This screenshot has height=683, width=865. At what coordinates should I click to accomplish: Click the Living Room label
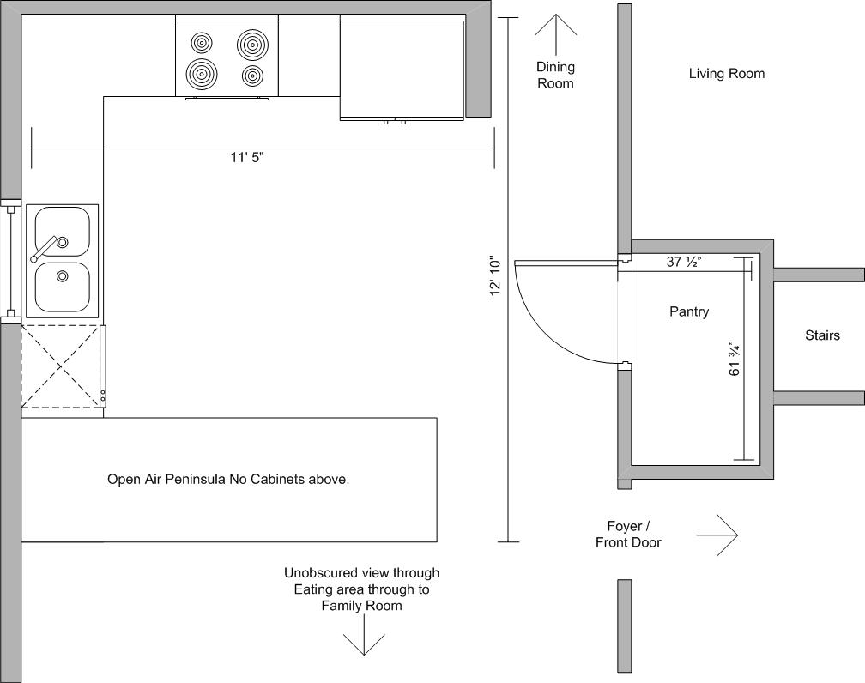[727, 74]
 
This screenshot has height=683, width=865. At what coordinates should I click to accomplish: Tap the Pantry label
[689, 311]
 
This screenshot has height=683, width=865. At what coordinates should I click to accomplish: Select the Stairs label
[822, 335]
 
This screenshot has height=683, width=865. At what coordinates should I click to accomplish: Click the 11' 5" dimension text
[247, 158]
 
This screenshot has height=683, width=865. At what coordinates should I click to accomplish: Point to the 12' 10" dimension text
[495, 275]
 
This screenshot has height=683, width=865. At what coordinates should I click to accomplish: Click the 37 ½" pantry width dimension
[683, 262]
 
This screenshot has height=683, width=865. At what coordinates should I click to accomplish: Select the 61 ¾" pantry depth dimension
[735, 359]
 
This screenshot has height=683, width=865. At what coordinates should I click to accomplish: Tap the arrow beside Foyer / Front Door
[717, 535]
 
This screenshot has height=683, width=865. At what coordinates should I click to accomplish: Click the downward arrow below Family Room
[364, 634]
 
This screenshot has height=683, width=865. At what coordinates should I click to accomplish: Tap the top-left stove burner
[202, 43]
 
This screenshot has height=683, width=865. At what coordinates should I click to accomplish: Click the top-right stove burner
[252, 45]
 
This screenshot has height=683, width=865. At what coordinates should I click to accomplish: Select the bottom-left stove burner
[202, 74]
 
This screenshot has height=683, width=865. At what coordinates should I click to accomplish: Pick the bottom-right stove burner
[252, 76]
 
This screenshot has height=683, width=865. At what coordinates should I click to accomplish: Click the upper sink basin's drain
[63, 242]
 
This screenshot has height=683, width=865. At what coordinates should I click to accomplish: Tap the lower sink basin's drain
[63, 275]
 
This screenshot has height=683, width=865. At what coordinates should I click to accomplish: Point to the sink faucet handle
[44, 249]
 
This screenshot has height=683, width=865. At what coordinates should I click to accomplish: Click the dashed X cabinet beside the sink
[63, 366]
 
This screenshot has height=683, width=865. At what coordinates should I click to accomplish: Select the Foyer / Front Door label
[628, 535]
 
